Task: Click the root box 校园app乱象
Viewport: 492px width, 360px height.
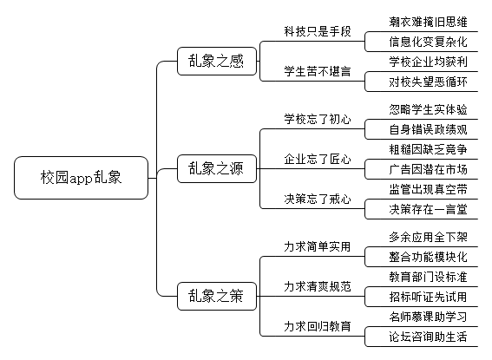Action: click(x=81, y=178)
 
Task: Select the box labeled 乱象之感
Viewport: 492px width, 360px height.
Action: click(x=217, y=61)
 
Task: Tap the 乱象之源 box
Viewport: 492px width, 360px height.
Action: click(x=217, y=168)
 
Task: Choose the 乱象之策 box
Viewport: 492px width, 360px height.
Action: click(x=217, y=297)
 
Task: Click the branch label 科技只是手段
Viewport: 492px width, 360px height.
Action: click(x=318, y=31)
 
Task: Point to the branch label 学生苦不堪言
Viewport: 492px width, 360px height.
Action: click(x=318, y=71)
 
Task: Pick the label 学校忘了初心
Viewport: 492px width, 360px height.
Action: click(x=318, y=119)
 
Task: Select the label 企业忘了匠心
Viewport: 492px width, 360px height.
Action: click(x=318, y=159)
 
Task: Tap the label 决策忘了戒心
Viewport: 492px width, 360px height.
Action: click(x=318, y=199)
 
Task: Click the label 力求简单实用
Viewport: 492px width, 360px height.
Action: click(x=318, y=246)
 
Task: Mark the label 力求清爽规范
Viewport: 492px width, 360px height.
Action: click(x=318, y=286)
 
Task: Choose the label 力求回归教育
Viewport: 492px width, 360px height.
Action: click(x=318, y=326)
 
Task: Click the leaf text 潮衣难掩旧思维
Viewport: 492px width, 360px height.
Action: click(x=428, y=22)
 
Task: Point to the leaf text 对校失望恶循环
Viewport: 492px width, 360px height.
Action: click(x=428, y=82)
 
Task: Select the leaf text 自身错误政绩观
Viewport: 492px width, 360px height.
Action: click(x=428, y=129)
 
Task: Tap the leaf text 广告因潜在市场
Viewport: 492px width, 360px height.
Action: click(x=428, y=169)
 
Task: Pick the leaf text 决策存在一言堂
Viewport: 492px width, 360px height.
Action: click(x=428, y=209)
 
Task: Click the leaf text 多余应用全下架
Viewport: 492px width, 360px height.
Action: click(x=428, y=237)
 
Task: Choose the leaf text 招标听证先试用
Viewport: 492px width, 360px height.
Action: click(x=428, y=297)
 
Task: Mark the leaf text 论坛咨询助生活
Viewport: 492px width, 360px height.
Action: click(x=428, y=337)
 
